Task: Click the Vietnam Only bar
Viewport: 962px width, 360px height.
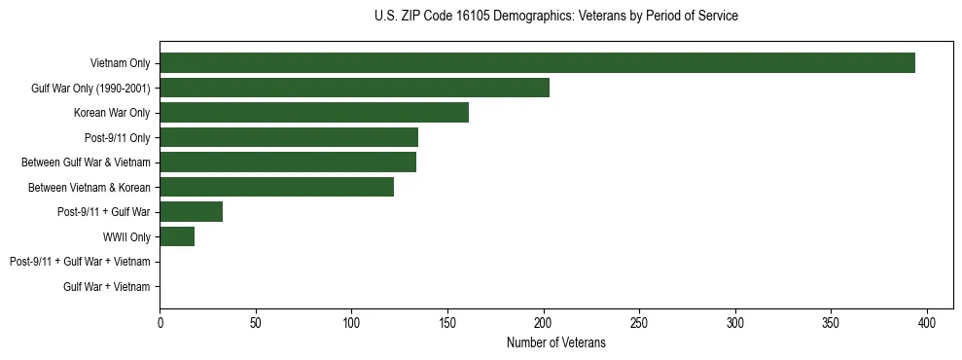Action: tap(537, 63)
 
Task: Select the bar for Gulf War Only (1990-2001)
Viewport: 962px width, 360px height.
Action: tap(354, 88)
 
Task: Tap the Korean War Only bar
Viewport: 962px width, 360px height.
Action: tap(314, 113)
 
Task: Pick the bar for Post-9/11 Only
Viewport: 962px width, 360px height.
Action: tap(289, 137)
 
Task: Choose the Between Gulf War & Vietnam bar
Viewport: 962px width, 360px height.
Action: tap(288, 162)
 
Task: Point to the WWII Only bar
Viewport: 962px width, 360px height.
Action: tap(177, 236)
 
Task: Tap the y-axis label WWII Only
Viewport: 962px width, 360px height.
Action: tap(126, 236)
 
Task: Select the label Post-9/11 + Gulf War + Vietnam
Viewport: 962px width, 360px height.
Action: tap(80, 262)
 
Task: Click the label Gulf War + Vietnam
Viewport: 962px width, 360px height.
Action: tap(107, 286)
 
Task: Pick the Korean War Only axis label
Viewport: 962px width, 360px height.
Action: tap(112, 113)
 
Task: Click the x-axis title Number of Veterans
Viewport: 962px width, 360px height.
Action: tap(555, 342)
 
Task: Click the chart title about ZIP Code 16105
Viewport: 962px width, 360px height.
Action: tap(555, 17)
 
